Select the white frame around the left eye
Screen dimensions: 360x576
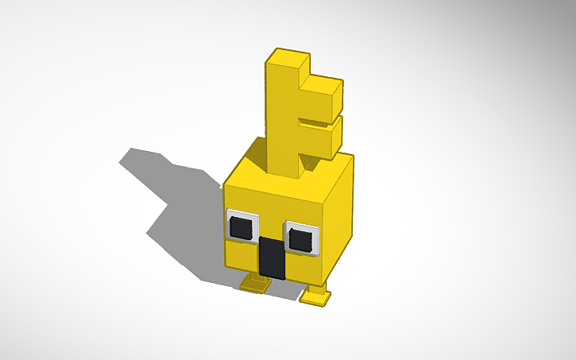[230, 215]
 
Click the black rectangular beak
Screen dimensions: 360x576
[272, 257]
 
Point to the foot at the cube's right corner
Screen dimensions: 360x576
[315, 297]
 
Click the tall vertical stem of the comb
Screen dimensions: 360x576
[283, 119]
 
